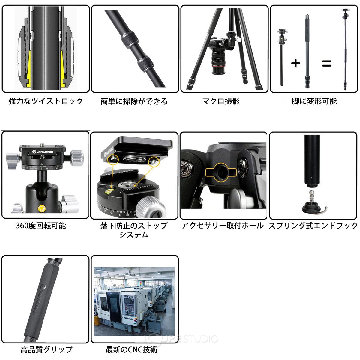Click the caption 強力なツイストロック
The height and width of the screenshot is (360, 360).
coord(46,101)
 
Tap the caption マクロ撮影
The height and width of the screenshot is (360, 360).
coord(221,101)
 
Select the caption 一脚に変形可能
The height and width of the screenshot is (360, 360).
coord(310,101)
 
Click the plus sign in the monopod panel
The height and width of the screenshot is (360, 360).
coord(295,63)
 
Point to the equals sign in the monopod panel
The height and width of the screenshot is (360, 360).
coord(326,63)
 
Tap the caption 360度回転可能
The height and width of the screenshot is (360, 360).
coord(41,226)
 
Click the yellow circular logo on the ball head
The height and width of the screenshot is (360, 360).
coord(42,208)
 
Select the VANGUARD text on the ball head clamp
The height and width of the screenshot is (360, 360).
coord(43,152)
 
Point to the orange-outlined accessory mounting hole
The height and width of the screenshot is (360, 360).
coord(220,172)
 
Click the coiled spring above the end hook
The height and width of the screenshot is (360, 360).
coord(312,196)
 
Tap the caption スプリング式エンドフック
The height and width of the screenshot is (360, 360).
coord(313,226)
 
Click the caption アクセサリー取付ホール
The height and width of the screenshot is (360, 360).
coord(222,226)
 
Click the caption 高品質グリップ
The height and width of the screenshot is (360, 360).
coord(46,349)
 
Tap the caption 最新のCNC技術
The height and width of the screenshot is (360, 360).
coord(131,349)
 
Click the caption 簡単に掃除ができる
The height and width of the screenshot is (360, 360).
coord(134,101)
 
